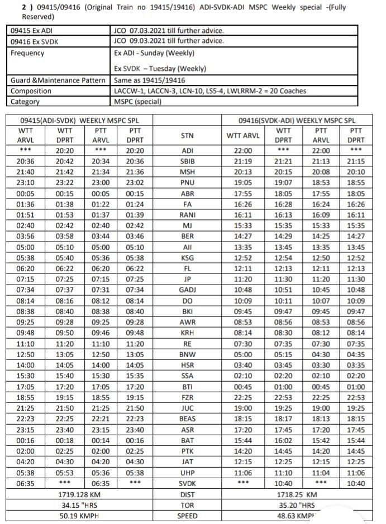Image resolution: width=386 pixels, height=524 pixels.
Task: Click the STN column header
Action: tap(187, 135)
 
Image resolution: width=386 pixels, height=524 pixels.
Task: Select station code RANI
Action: tap(187, 215)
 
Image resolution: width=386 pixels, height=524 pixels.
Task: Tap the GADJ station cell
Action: tap(187, 290)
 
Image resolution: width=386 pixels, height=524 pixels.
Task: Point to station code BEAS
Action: tap(187, 419)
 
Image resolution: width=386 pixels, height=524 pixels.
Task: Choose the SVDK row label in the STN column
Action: tap(187, 484)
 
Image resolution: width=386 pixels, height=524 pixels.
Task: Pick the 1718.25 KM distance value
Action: tap(297, 494)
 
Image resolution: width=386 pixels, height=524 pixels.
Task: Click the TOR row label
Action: tap(187, 505)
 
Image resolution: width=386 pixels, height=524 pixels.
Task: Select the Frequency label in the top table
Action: tap(27, 54)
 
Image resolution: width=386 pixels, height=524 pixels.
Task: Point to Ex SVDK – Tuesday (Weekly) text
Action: tap(160, 69)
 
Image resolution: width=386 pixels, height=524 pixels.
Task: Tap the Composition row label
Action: tap(31, 91)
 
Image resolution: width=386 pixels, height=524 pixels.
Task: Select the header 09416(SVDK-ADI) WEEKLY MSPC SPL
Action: tap(297, 120)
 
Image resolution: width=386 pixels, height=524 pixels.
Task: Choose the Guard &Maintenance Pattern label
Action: tap(58, 80)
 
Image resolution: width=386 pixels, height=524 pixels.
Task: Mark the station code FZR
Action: tap(187, 397)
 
